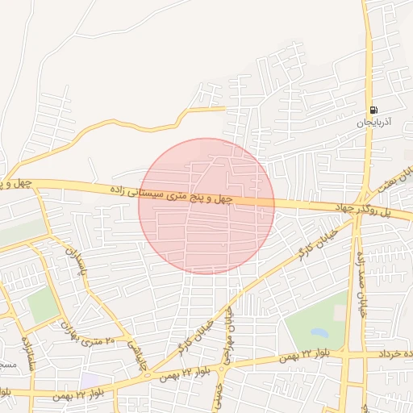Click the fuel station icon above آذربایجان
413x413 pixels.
click(373, 110)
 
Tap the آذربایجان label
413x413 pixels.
click(373, 123)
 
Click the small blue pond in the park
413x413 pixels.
click(319, 332)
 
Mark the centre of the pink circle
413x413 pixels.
click(206, 206)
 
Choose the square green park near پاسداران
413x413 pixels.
click(42, 305)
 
